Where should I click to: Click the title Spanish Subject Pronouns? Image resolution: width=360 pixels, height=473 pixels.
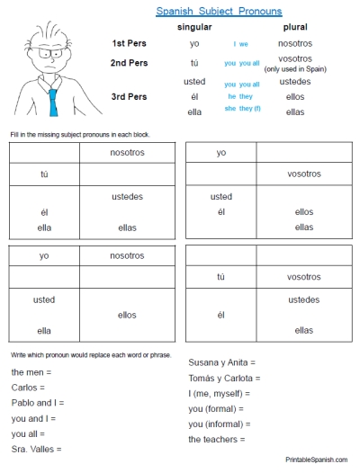(x=219, y=12)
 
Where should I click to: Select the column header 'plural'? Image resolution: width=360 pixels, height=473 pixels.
(x=295, y=27)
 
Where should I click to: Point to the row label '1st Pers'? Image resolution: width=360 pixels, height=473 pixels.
(x=130, y=43)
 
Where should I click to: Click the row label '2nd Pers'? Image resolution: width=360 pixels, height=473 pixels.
(x=130, y=62)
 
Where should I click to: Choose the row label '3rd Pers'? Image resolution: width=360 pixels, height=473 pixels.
(x=130, y=96)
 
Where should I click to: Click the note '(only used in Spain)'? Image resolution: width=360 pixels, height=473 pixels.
(x=296, y=69)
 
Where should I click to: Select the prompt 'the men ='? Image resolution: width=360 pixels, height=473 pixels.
(x=32, y=371)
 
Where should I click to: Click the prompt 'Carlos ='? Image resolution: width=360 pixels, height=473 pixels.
(x=30, y=388)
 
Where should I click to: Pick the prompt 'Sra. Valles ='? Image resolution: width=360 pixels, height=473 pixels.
(x=37, y=449)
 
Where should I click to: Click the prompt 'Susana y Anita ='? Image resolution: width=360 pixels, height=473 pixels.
(x=222, y=362)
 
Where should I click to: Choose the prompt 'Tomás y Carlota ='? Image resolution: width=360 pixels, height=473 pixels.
(x=226, y=378)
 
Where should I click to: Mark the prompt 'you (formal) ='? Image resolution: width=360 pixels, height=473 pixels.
(x=219, y=408)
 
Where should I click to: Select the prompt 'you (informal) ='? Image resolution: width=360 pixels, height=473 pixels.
(x=221, y=424)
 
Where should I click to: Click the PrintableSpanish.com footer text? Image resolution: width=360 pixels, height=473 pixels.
(x=316, y=460)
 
